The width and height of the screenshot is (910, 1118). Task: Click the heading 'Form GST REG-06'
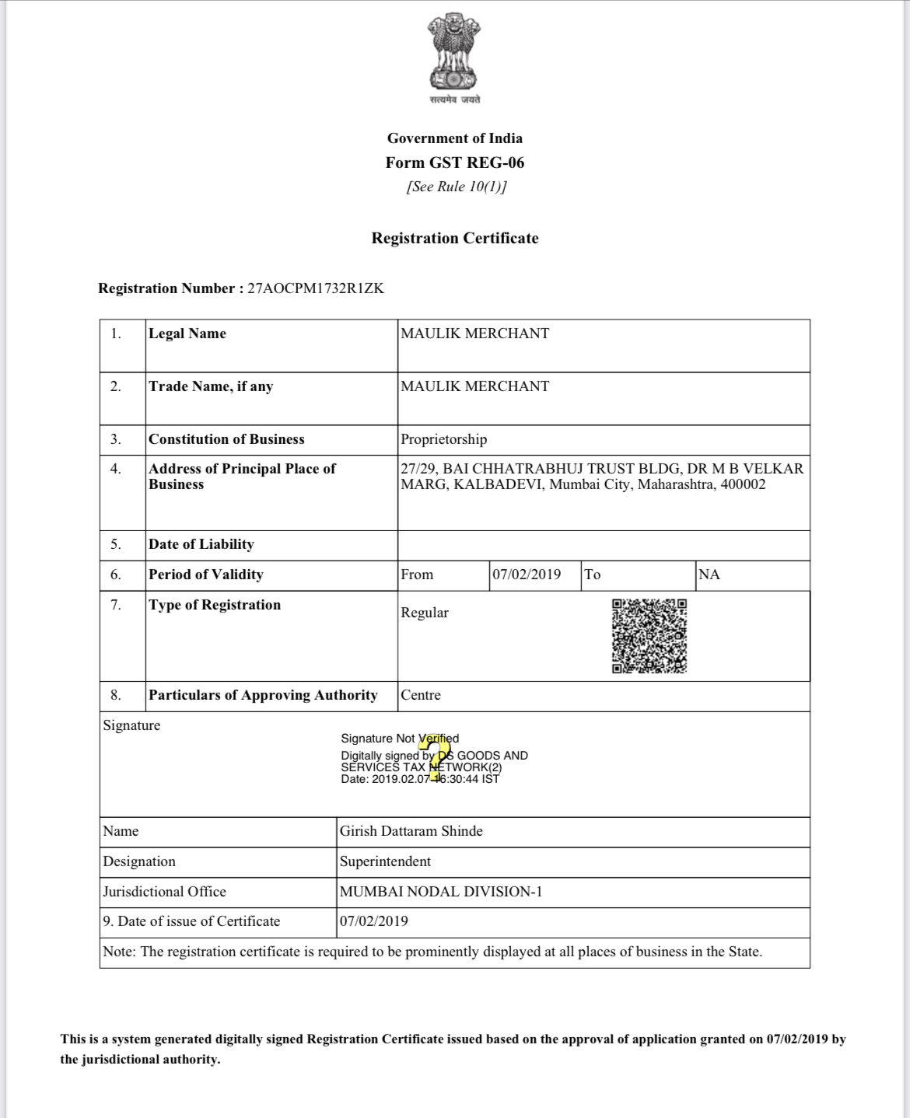(x=455, y=162)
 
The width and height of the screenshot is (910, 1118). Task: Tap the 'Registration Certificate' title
(x=455, y=238)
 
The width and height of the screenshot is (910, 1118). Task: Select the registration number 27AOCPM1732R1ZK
(x=315, y=288)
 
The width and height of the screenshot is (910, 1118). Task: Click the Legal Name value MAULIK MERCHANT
(x=474, y=334)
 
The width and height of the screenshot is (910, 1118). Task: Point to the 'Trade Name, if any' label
(x=211, y=386)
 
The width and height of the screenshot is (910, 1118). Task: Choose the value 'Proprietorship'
(x=443, y=439)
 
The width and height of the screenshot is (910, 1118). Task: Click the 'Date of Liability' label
(x=201, y=544)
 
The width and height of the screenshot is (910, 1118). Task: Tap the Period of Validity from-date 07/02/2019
(x=527, y=575)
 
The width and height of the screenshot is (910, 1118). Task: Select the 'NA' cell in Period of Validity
(x=709, y=575)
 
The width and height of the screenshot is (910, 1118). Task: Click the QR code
(x=649, y=635)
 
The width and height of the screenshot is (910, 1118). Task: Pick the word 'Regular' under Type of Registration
(x=425, y=613)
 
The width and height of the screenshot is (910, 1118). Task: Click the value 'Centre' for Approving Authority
(x=420, y=695)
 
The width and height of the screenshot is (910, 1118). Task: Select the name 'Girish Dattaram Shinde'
(x=411, y=831)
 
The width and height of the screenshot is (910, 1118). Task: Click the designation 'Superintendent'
(x=385, y=861)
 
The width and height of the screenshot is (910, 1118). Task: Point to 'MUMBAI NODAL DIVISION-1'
(x=440, y=892)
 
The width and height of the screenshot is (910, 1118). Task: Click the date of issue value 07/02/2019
(x=374, y=921)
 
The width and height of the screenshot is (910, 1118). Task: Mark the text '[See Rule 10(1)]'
(x=456, y=187)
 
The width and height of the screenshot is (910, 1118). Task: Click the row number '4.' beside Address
(x=115, y=469)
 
